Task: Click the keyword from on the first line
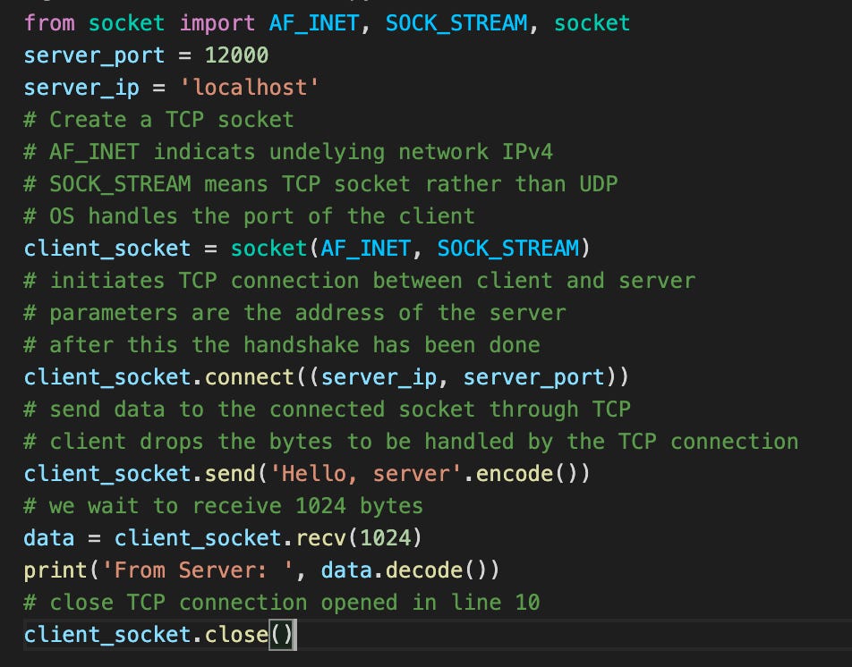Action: [49, 22]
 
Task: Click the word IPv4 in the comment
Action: [527, 151]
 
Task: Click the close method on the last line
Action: [236, 634]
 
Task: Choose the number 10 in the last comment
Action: [527, 602]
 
